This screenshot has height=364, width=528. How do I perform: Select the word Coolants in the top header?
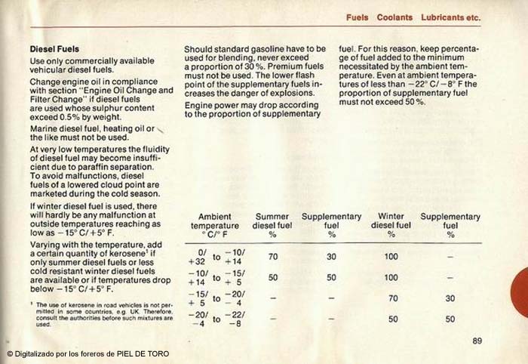(x=394, y=17)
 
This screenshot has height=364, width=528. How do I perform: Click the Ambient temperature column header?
(x=214, y=225)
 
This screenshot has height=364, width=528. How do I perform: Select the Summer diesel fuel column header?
(x=273, y=225)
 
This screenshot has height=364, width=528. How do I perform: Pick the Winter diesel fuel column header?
(x=391, y=225)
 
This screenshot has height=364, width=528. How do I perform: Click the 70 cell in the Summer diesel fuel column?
(x=273, y=257)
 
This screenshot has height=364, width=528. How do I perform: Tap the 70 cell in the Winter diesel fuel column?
(x=392, y=298)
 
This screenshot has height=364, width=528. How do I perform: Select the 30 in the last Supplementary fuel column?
(x=450, y=298)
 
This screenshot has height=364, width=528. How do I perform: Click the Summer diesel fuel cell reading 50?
(x=273, y=277)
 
